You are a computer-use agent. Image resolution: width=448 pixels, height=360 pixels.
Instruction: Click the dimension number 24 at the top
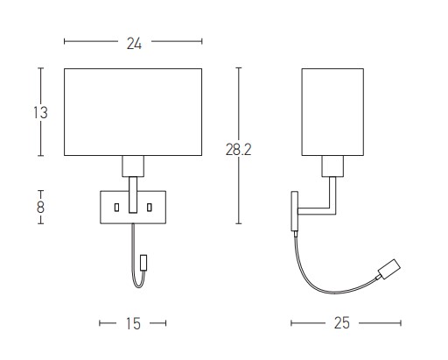134,44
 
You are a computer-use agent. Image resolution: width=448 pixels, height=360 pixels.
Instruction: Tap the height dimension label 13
40,113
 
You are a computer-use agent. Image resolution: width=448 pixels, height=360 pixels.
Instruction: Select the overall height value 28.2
238,150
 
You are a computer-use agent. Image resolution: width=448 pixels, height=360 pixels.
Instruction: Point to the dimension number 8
40,208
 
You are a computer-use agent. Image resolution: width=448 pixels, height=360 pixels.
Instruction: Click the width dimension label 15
133,323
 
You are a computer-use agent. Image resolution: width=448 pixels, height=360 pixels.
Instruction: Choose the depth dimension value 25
342,323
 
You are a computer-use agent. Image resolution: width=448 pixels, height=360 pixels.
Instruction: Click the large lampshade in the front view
133,112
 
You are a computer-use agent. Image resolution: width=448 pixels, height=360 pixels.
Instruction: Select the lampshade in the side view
332,112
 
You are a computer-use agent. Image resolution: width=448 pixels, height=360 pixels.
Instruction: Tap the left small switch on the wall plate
116,208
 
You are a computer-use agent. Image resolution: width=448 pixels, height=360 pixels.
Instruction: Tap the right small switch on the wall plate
150,208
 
